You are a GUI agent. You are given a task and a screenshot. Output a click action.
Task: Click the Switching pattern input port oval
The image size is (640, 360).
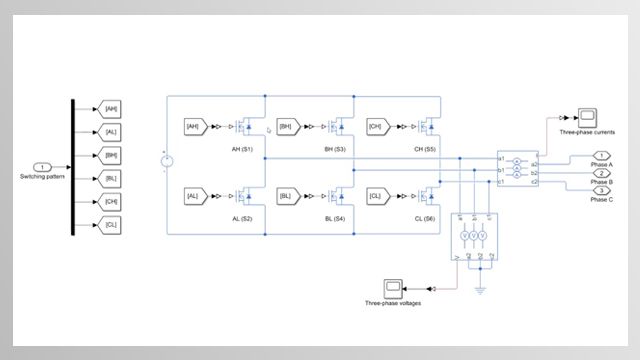pyautogui.click(x=42, y=167)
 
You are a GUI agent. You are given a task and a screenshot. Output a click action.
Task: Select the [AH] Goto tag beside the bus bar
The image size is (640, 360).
pyautogui.click(x=110, y=108)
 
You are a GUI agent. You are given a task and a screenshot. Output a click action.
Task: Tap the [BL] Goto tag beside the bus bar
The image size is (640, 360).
pyautogui.click(x=110, y=179)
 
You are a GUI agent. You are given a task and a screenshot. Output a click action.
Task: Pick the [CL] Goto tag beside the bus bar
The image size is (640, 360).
pyautogui.click(x=110, y=226)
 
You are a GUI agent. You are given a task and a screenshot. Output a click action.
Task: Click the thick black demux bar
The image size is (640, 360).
pyautogui.click(x=72, y=167)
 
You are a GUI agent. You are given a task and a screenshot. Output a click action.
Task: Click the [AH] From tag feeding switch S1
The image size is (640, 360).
pyautogui.click(x=195, y=127)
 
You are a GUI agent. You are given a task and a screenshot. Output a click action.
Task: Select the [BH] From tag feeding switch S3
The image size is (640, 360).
pyautogui.click(x=286, y=127)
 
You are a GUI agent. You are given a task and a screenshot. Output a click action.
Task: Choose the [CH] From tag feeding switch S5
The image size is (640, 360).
pyautogui.click(x=376, y=127)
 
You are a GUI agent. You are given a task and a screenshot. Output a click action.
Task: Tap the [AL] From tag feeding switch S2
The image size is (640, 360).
pyautogui.click(x=195, y=196)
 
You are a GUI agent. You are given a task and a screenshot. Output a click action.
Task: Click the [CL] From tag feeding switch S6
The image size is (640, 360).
pyautogui.click(x=376, y=196)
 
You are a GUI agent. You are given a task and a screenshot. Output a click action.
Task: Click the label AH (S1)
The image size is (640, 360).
pyautogui.click(x=243, y=149)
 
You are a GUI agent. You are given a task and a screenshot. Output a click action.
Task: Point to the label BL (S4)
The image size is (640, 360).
pyautogui.click(x=334, y=218)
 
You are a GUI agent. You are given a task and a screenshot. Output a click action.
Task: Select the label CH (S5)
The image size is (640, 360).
pyautogui.click(x=424, y=149)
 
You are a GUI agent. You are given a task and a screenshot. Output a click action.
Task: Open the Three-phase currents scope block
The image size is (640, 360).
pyautogui.click(x=587, y=115)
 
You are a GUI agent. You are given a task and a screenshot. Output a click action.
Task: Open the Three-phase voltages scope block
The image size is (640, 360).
pyautogui.click(x=393, y=286)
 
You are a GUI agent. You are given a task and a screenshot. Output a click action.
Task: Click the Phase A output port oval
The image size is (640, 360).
pyautogui.click(x=602, y=155)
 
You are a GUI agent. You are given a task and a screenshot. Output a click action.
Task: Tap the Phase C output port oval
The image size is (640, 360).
pyautogui.click(x=602, y=190)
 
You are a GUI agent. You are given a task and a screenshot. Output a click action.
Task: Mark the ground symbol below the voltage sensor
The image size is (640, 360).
pyautogui.click(x=482, y=291)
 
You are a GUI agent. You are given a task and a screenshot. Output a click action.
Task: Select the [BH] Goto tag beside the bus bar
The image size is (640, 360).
pyautogui.click(x=110, y=155)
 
